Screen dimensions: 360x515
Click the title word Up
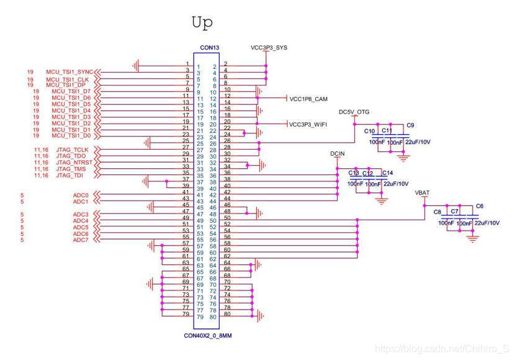pyautogui.click(x=202, y=23)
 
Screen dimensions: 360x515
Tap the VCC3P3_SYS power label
pyautogui.click(x=269, y=47)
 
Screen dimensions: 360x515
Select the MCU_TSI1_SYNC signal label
pyautogui.click(x=69, y=72)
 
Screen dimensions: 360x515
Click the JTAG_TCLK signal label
pyautogui.click(x=73, y=150)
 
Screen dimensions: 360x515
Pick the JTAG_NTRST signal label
pyautogui.click(x=74, y=163)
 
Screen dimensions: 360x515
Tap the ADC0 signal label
pyautogui.click(x=81, y=196)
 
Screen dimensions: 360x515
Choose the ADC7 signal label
pyautogui.click(x=81, y=240)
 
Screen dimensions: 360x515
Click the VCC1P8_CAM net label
pyautogui.click(x=308, y=99)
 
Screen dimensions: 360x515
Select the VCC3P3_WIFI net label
pyautogui.click(x=308, y=125)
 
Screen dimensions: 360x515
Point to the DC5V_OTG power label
pyautogui.click(x=354, y=112)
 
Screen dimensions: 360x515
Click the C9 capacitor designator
pyautogui.click(x=410, y=125)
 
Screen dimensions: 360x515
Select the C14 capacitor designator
pyautogui.click(x=387, y=173)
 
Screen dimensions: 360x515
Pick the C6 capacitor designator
pyautogui.click(x=479, y=206)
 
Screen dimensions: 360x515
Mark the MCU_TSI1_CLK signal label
pyautogui.click(x=67, y=79)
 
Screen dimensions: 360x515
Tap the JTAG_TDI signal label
pyautogui.click(x=69, y=176)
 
